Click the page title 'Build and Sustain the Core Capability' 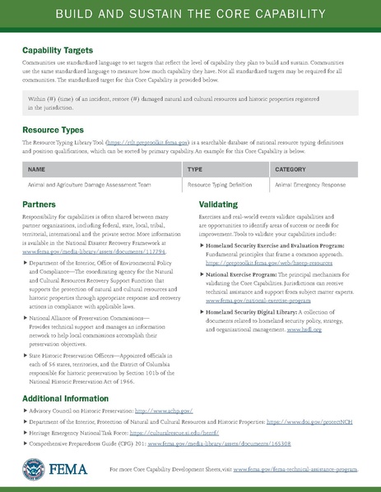point(190,16)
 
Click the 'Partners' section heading point(39,202)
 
